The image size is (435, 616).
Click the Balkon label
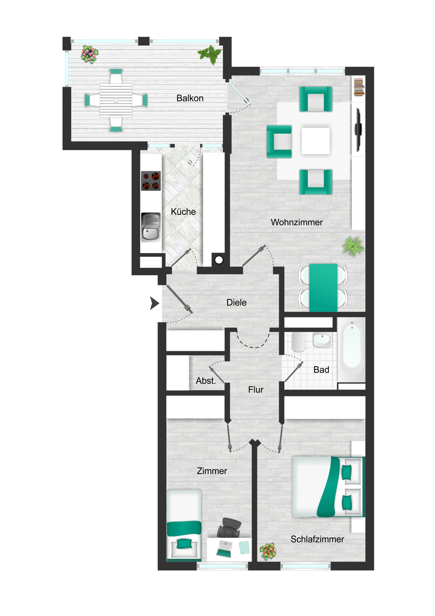point(190,98)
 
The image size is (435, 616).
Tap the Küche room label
point(183,212)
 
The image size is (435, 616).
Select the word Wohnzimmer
point(296,222)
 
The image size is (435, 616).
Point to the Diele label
point(236,302)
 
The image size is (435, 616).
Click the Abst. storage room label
point(205,381)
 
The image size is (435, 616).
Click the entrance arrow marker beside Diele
point(154,303)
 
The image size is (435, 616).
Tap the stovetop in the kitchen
point(151,181)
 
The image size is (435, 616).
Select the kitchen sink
point(151,227)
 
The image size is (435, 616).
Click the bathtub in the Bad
point(352,349)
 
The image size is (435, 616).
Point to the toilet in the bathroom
point(298,342)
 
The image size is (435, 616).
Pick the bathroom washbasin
point(322,340)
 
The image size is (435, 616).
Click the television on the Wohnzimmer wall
point(358,130)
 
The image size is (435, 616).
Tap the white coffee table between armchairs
point(315,141)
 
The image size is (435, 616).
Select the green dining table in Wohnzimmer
point(323,288)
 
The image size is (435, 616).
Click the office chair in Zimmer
point(229,528)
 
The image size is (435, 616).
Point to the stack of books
point(359,87)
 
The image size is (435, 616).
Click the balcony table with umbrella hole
point(116,101)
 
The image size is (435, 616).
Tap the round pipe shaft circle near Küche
point(219,260)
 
